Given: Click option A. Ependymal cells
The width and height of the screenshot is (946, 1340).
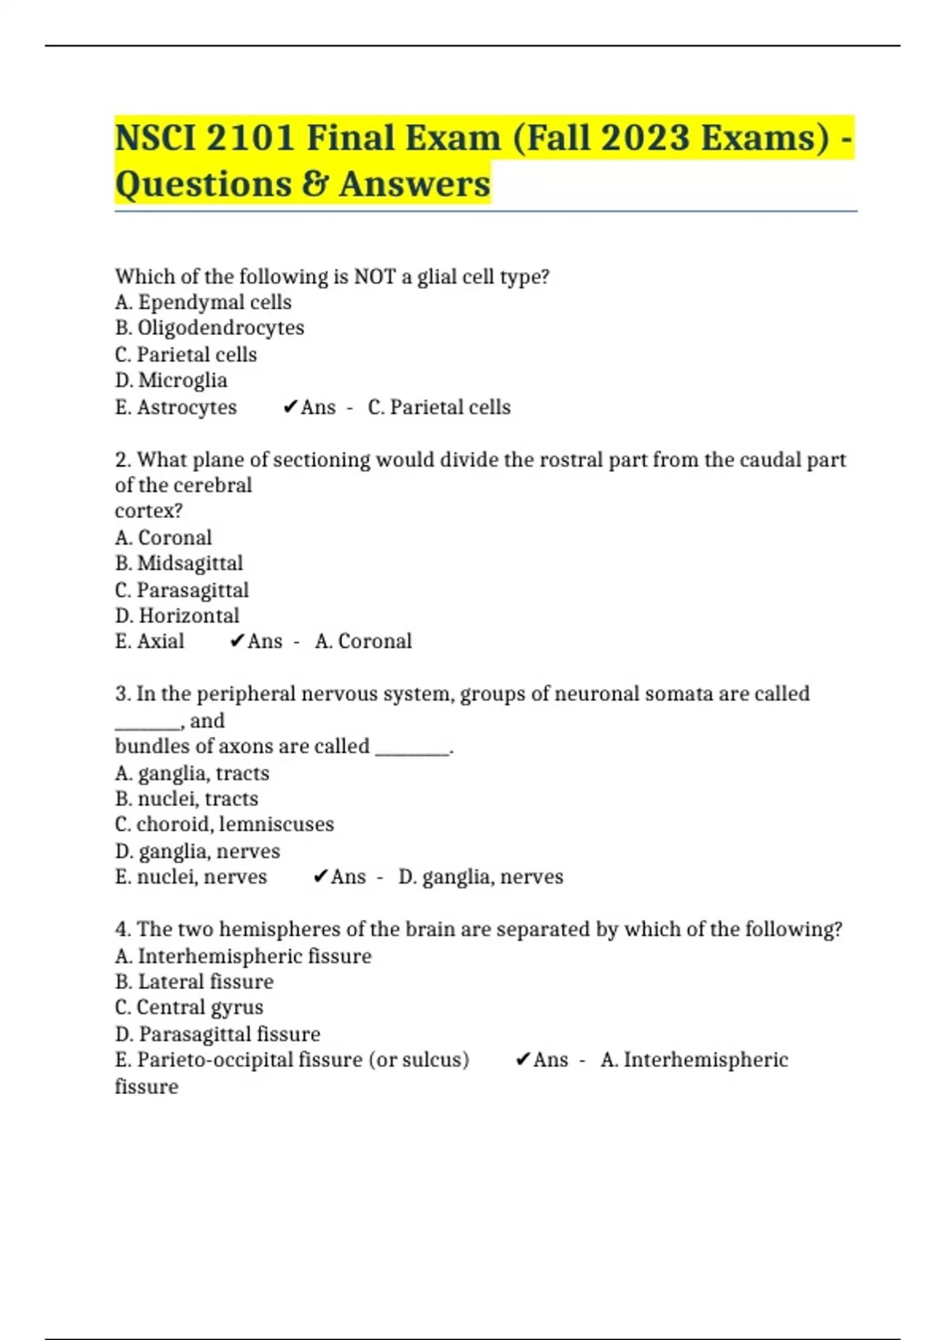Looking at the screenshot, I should click(203, 303).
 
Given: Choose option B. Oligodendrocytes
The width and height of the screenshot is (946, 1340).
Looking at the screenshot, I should click(210, 328).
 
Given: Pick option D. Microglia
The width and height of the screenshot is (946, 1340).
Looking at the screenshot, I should click(171, 381).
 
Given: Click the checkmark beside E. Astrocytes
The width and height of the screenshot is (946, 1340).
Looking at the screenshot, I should click(289, 408).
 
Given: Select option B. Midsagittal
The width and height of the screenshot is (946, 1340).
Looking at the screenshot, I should click(179, 564).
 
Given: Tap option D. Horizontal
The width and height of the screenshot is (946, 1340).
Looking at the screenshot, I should click(177, 616).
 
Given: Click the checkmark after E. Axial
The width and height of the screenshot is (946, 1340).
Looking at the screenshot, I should click(236, 642).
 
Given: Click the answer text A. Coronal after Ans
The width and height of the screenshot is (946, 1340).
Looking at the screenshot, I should click(363, 642).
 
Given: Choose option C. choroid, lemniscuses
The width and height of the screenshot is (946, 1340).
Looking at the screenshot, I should click(225, 824).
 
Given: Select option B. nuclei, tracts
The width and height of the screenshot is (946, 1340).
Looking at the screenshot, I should click(187, 798).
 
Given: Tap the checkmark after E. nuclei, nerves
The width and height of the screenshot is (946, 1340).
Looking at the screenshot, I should click(320, 877).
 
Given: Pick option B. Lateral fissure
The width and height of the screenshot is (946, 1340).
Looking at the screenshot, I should click(195, 982).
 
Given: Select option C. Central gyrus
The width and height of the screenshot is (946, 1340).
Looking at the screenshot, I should click(189, 1007).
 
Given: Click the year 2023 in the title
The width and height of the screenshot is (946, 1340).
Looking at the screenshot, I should click(645, 138).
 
